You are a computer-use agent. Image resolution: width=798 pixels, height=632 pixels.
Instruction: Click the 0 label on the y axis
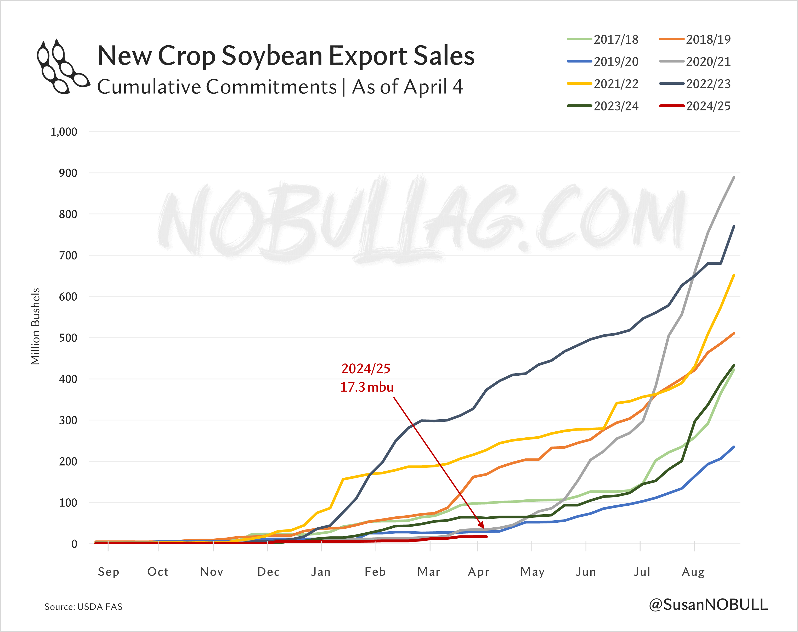click(74, 544)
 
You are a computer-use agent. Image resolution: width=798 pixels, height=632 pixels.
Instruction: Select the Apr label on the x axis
click(478, 572)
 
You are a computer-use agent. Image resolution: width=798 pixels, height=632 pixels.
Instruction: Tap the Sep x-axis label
click(108, 572)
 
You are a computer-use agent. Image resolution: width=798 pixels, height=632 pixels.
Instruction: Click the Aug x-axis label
click(693, 572)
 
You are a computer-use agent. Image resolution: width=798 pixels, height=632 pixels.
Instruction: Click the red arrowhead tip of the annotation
click(483, 528)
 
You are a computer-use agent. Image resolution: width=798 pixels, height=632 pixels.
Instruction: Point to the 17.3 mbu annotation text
click(367, 387)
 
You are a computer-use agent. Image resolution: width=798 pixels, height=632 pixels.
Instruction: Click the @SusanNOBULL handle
click(708, 605)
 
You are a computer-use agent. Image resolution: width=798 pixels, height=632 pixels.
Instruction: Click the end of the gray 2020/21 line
click(734, 177)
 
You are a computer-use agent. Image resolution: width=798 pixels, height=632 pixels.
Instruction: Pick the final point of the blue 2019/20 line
click(734, 447)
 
